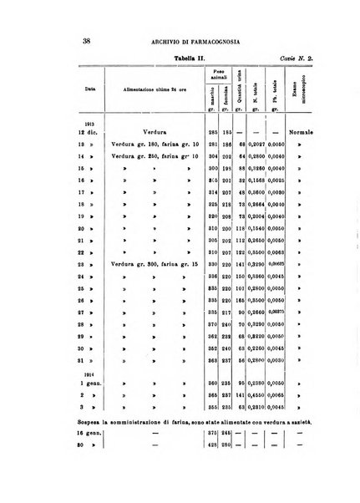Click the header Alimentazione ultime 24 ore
(135, 87)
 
